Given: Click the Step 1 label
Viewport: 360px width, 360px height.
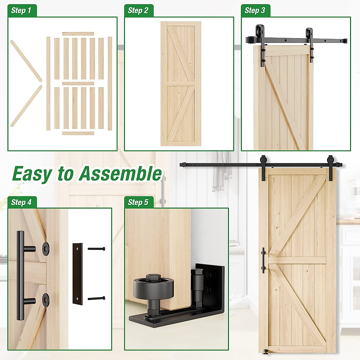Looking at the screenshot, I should (x=21, y=11).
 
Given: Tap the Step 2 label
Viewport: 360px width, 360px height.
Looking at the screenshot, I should (x=138, y=11).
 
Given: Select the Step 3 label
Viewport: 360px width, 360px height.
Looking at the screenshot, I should (x=255, y=11).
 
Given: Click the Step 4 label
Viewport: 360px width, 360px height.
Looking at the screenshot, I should (x=21, y=202).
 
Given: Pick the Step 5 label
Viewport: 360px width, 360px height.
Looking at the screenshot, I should (x=138, y=202).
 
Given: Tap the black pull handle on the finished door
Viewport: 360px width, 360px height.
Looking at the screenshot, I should (x=263, y=260).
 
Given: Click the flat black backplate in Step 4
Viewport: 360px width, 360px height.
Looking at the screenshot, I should (x=77, y=274).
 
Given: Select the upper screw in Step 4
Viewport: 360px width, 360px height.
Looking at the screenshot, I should (x=96, y=249).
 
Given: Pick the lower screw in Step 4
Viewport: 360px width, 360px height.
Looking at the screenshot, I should (x=96, y=298).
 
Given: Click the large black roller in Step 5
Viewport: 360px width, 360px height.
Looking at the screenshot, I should (x=153, y=290).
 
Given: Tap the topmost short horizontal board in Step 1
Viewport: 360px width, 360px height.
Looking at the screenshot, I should (x=78, y=34).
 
